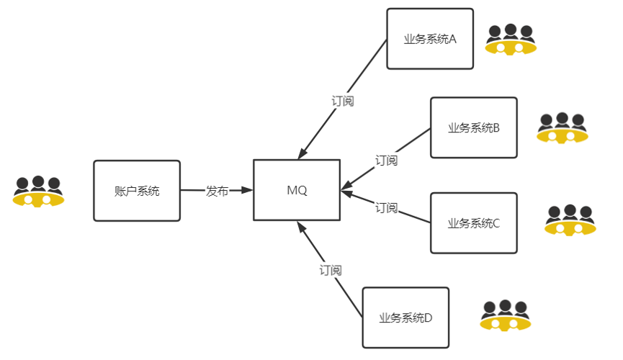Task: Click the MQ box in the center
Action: coord(297,190)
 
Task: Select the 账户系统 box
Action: coord(137,191)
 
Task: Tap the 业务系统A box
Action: coord(430,39)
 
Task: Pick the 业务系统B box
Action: coord(473,127)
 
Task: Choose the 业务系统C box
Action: coord(473,222)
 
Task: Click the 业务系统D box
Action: coord(405,318)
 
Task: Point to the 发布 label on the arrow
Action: coord(217,191)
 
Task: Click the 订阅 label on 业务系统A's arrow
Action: coord(343,101)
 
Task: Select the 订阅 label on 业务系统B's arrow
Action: coord(386,160)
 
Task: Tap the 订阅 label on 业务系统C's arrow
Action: coord(386,208)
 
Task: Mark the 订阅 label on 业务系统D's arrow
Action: coord(331,271)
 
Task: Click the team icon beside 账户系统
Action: coord(38,191)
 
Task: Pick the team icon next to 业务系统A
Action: coord(511,40)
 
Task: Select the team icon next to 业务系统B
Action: coord(563,127)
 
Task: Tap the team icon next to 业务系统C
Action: coord(570,220)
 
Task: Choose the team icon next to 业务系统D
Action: coord(505,315)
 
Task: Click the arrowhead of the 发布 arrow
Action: coord(248,191)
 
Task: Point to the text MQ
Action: coord(297,191)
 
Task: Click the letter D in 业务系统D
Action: coord(429,318)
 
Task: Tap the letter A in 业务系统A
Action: coord(453,39)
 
